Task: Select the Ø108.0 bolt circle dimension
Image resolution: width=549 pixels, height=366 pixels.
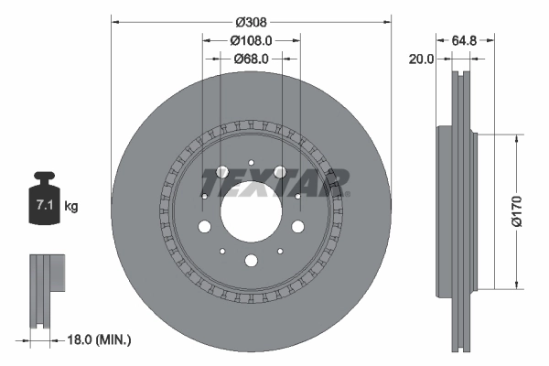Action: [252, 40]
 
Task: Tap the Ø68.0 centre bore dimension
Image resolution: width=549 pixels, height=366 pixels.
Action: [252, 59]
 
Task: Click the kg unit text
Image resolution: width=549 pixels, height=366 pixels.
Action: [71, 207]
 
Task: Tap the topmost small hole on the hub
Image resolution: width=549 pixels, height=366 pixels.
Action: [251, 145]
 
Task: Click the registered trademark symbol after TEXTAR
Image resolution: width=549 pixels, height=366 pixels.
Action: [347, 193]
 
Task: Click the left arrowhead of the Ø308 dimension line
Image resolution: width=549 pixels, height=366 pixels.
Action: [114, 19]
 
